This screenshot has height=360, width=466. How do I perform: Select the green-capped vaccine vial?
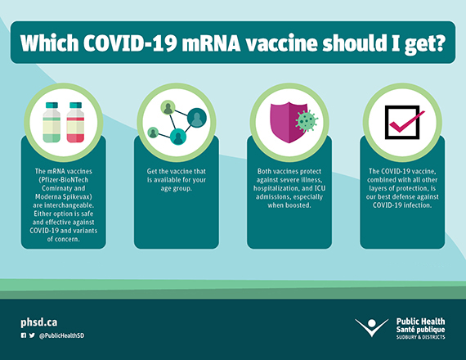click(52, 123)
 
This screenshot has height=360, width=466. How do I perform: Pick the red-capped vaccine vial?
click(75, 123)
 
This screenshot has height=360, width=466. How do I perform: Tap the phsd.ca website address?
click(38, 322)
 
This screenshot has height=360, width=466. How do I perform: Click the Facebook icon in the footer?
click(24, 335)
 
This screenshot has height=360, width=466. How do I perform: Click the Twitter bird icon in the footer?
click(32, 335)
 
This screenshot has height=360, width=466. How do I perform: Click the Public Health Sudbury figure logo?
click(372, 327)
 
